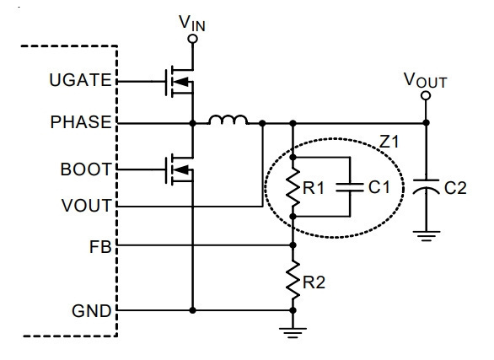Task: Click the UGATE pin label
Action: pos(80,80)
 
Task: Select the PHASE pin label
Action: pos(81,122)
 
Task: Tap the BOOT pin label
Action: pos(86,169)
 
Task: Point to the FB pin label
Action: pos(100,247)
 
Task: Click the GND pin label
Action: pos(92,311)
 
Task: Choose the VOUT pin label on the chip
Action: pos(87,206)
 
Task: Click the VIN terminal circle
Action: pos(192,39)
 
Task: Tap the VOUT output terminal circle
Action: pos(426,95)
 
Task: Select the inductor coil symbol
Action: pos(228,120)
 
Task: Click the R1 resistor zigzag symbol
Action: pos(293,187)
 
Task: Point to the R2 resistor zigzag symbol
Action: pos(293,279)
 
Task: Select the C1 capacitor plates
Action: pos(350,187)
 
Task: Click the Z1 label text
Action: pos(389,142)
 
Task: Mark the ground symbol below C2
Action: pos(426,236)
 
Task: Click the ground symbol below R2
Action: pos(293,332)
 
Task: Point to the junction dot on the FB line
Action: pos(293,245)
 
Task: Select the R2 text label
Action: pos(314,282)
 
